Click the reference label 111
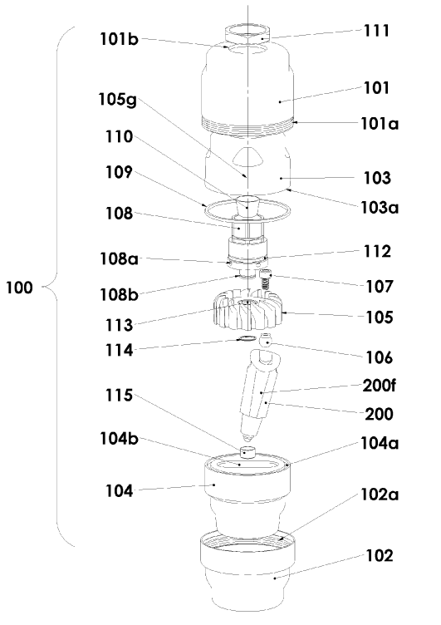(376, 31)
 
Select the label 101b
(119, 39)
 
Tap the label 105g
(118, 99)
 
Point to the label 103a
(380, 207)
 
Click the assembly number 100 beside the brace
(19, 287)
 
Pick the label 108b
(119, 294)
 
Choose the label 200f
(380, 386)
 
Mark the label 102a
(380, 495)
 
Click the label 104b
(119, 439)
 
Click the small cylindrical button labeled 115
(248, 453)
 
